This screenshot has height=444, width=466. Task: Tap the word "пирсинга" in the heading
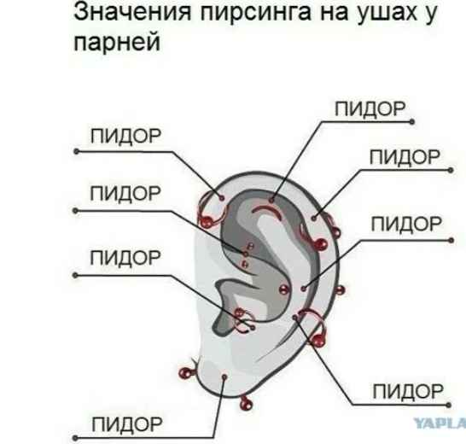click(x=256, y=13)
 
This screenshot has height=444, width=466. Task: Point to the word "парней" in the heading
click(x=117, y=42)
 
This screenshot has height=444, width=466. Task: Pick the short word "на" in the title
click(x=334, y=15)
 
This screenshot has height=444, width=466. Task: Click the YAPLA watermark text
click(x=440, y=424)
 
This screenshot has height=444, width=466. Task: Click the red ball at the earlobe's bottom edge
click(x=246, y=404)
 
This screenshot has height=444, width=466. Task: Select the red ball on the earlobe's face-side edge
click(x=185, y=373)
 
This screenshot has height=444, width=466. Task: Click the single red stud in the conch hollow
click(x=284, y=289)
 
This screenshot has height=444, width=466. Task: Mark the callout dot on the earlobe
click(x=224, y=377)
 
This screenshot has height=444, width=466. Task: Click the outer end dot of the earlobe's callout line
click(x=75, y=438)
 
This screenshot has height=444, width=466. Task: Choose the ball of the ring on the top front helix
click(x=207, y=221)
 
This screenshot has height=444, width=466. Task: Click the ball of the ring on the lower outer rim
click(x=318, y=340)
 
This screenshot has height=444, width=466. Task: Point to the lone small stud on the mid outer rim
click(x=341, y=290)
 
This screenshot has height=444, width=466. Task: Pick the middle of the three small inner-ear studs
click(x=246, y=254)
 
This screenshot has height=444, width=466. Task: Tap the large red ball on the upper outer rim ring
click(x=320, y=244)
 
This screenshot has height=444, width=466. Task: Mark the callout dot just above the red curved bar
click(x=271, y=200)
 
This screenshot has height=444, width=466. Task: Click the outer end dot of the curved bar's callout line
click(x=411, y=121)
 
